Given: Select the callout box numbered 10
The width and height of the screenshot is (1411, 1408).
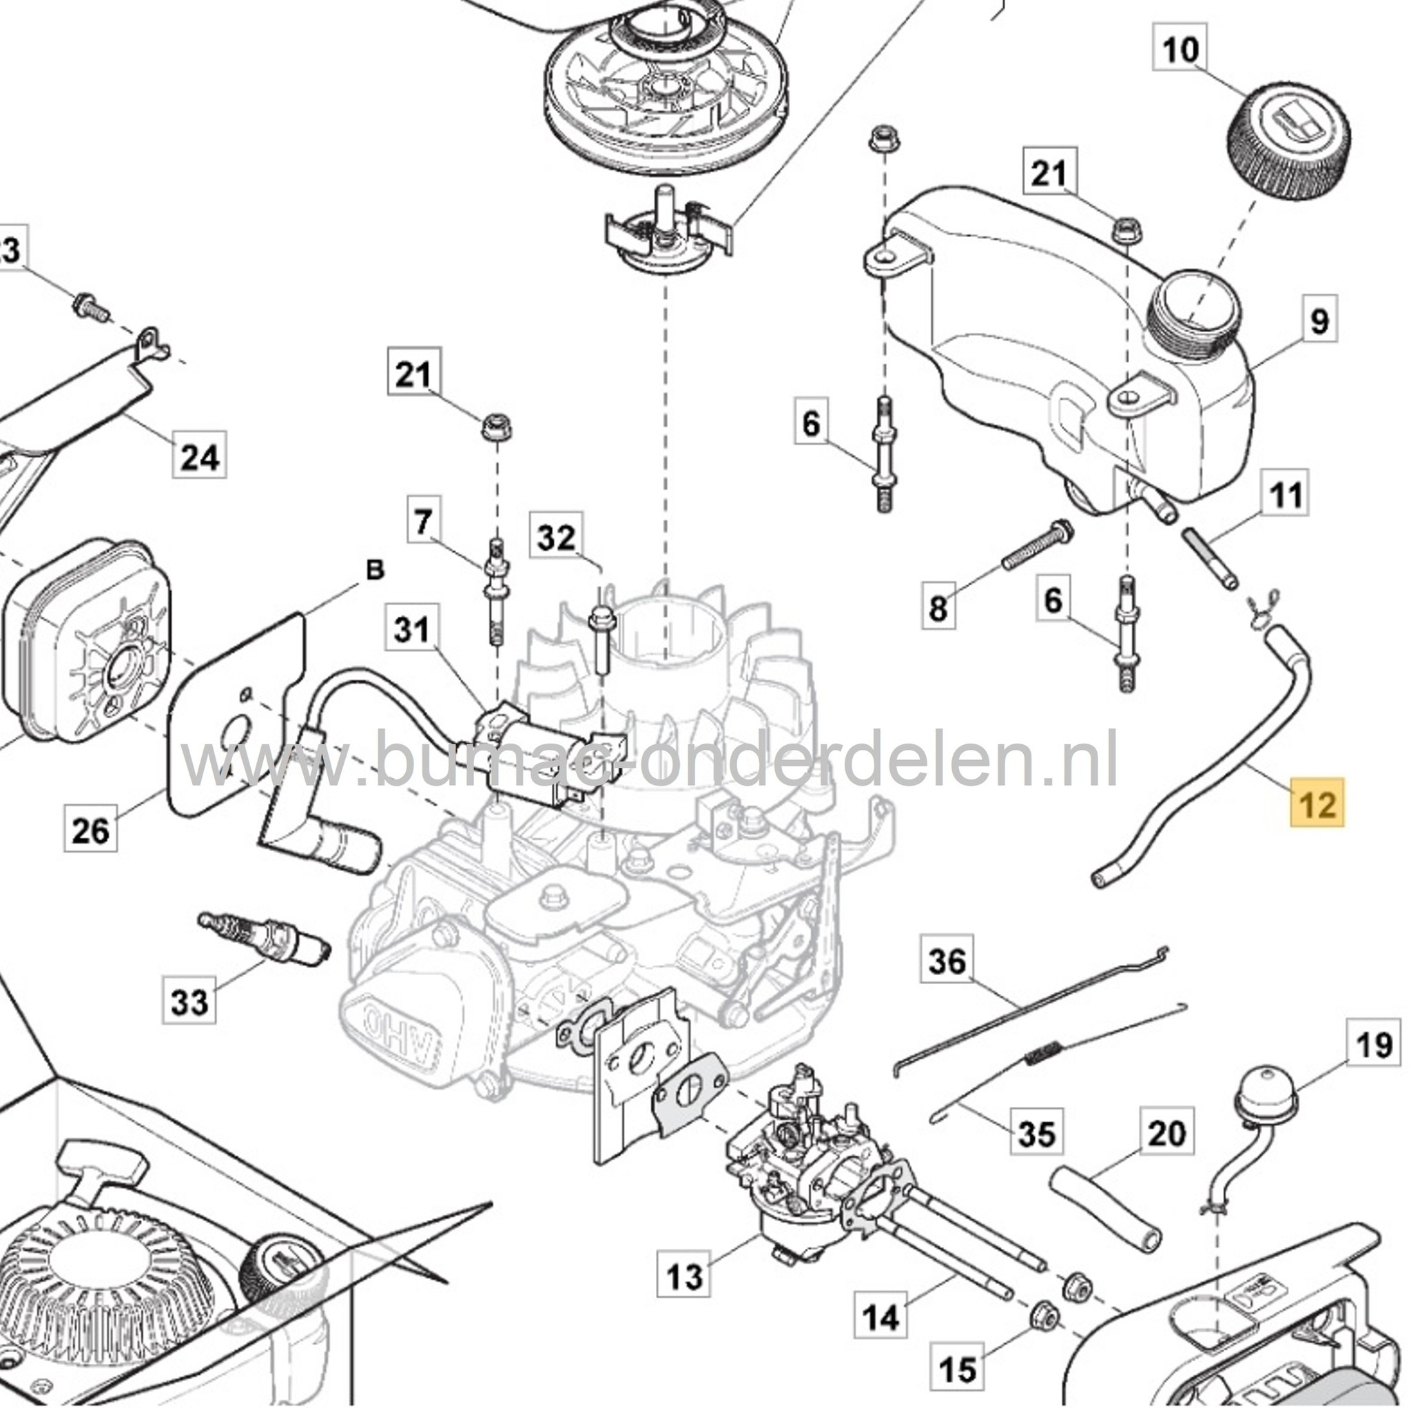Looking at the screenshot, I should point(1180,50).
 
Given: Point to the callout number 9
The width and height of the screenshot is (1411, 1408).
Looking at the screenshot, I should point(1319,320).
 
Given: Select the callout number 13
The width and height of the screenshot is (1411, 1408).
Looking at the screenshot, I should point(684,1275).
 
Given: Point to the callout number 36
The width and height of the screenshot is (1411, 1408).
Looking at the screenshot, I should point(947,961).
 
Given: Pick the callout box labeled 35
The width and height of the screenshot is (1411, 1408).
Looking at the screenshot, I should point(1036,1134).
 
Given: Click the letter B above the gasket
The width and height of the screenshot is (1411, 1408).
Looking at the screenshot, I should point(375,571).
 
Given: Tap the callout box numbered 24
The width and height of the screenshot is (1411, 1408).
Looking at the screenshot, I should point(199,458).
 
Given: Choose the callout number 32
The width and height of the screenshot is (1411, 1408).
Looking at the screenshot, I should point(557,538).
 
